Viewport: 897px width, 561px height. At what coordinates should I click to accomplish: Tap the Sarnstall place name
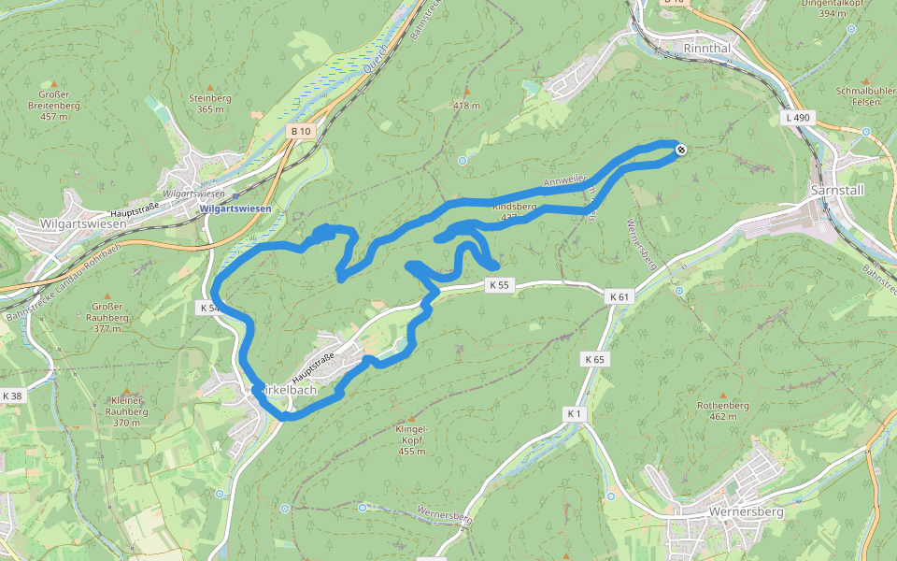pyautogui.click(x=838, y=189)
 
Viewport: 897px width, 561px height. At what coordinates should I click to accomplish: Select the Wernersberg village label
pyautogui.click(x=746, y=512)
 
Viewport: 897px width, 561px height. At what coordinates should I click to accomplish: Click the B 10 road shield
pyautogui.click(x=300, y=132)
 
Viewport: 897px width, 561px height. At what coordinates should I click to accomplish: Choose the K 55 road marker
pyautogui.click(x=499, y=285)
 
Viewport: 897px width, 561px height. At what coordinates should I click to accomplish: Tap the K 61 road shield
pyautogui.click(x=619, y=296)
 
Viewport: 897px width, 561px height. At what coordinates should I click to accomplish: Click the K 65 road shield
pyautogui.click(x=594, y=359)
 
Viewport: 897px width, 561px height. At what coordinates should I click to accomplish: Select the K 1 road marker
pyautogui.click(x=574, y=412)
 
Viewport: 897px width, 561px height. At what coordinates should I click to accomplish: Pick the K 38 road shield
pyautogui.click(x=12, y=396)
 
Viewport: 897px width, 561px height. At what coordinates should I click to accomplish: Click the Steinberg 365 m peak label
pyautogui.click(x=210, y=103)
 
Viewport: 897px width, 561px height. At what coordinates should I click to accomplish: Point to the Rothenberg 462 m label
pyautogui.click(x=723, y=410)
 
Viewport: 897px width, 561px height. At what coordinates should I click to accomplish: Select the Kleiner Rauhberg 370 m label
pyautogui.click(x=126, y=411)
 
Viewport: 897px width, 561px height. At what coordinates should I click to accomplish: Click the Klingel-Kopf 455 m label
pyautogui.click(x=412, y=439)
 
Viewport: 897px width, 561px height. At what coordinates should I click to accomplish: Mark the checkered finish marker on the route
pyautogui.click(x=681, y=148)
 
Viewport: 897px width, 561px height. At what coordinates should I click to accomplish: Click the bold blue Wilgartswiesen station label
pyautogui.click(x=235, y=209)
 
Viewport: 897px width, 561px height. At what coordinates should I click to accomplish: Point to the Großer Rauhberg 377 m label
pyautogui.click(x=107, y=318)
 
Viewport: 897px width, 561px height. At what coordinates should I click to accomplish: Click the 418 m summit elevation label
pyautogui.click(x=466, y=106)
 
